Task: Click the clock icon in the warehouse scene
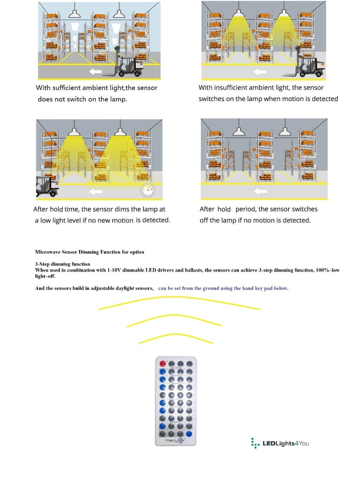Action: (x=148, y=190)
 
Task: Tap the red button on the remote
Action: (x=163, y=364)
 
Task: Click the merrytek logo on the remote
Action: (x=175, y=440)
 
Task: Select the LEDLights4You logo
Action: (x=280, y=443)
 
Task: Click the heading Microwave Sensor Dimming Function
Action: (x=89, y=252)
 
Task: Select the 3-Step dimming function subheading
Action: (x=62, y=264)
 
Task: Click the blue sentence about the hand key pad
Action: (x=223, y=288)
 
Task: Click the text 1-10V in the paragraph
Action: (x=114, y=270)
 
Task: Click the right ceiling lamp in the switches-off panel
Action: (x=285, y=132)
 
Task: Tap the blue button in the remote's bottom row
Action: (x=189, y=434)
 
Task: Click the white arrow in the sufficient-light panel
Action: (x=95, y=71)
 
